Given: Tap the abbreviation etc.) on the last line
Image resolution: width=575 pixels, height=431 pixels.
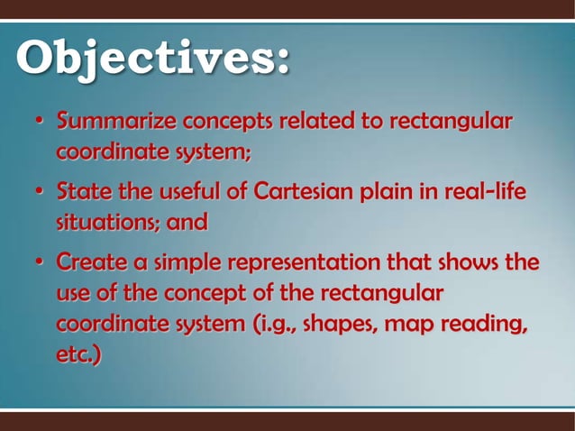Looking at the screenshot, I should (78, 352).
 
